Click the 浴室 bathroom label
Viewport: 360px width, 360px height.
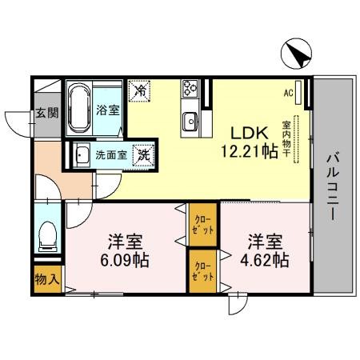coord(109,110)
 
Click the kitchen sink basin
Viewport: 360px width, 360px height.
coord(190,121)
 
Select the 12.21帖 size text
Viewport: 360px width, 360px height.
coord(249,150)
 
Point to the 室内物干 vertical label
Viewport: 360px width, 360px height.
coord(286,139)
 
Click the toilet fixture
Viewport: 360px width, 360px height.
coord(47,234)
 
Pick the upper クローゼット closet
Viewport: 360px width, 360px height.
coord(202,225)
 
